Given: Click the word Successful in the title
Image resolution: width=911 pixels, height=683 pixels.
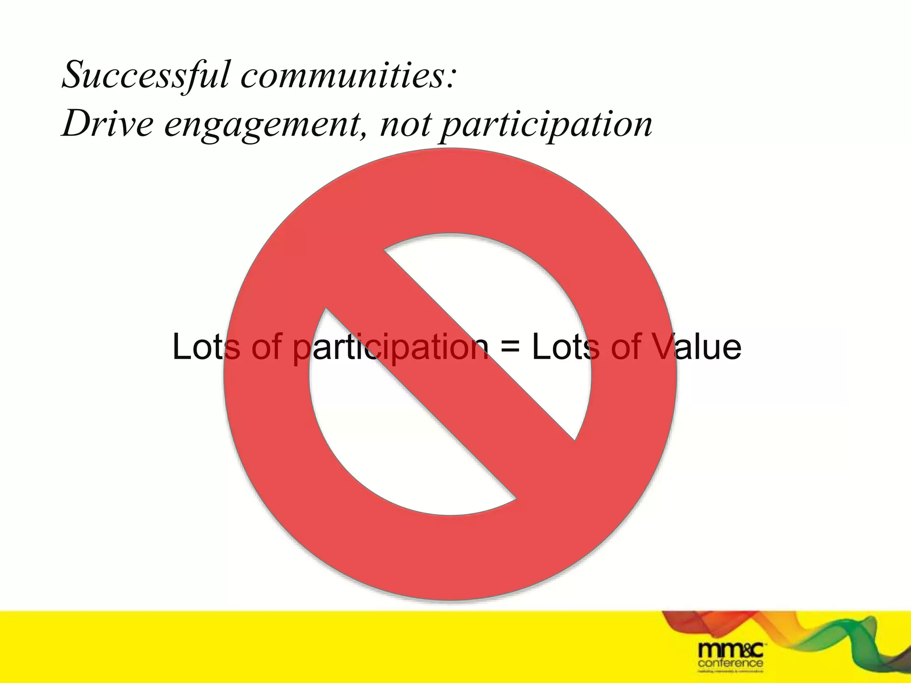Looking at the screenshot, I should (145, 75).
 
